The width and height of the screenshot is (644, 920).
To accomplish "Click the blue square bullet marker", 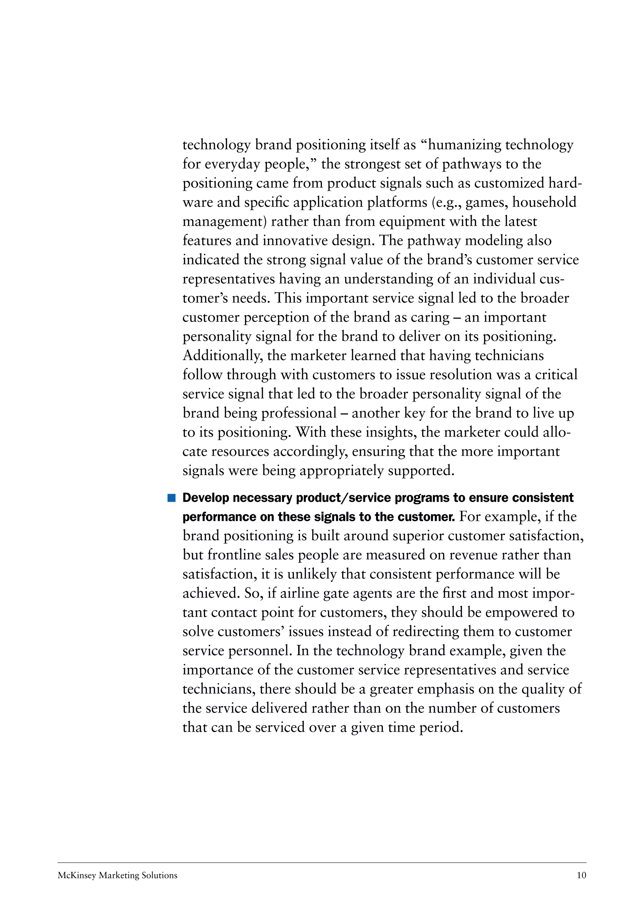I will click(x=171, y=498).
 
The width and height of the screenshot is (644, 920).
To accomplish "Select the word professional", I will click(x=299, y=413).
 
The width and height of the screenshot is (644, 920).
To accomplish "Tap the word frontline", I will click(x=232, y=555).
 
